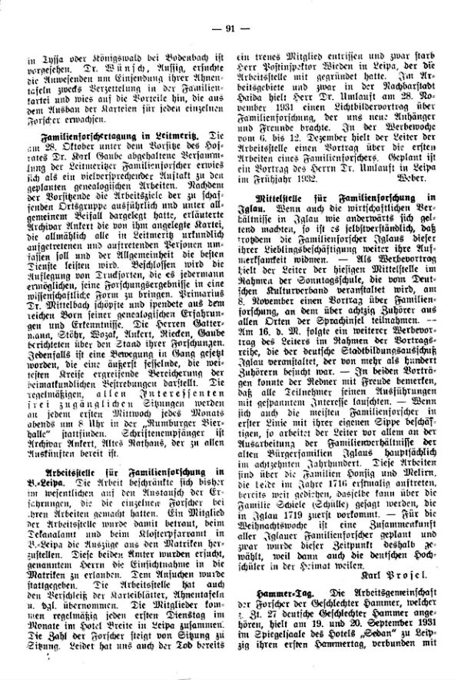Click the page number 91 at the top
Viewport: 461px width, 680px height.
pyautogui.click(x=230, y=29)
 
